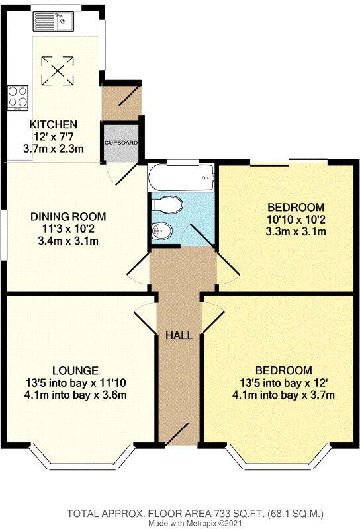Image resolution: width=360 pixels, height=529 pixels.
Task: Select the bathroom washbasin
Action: tap(159, 231)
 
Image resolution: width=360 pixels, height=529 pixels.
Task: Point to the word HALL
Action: tap(179, 335)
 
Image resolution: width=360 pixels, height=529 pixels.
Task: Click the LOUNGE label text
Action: tap(77, 370)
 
